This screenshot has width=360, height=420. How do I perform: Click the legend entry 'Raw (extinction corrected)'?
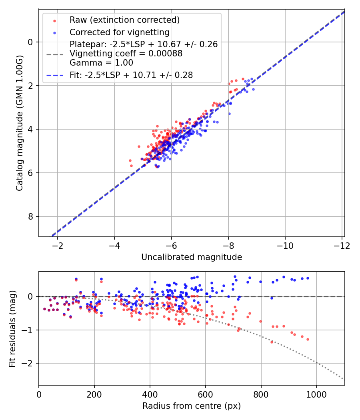tap(124, 20)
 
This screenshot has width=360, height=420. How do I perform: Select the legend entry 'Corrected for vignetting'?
tap(120, 32)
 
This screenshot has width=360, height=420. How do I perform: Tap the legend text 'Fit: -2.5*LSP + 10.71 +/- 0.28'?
tap(131, 75)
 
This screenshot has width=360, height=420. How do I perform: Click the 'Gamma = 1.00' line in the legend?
tap(101, 63)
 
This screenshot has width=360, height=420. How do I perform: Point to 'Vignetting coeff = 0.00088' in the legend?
tap(126, 54)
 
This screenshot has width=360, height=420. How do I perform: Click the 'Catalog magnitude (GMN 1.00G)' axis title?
tap(20, 123)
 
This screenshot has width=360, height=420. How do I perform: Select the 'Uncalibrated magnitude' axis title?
tap(192, 257)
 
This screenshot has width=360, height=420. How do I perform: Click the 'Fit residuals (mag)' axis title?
tap(12, 329)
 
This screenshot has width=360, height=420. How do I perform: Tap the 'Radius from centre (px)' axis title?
tap(192, 406)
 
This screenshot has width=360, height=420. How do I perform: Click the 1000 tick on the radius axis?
tap(316, 394)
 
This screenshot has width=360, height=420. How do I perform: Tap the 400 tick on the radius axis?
tap(150, 394)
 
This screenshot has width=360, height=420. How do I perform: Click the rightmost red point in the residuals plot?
tap(308, 339)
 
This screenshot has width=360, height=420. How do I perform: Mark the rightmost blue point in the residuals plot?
tap(308, 278)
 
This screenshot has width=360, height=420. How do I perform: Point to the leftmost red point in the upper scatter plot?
tap(130, 160)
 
